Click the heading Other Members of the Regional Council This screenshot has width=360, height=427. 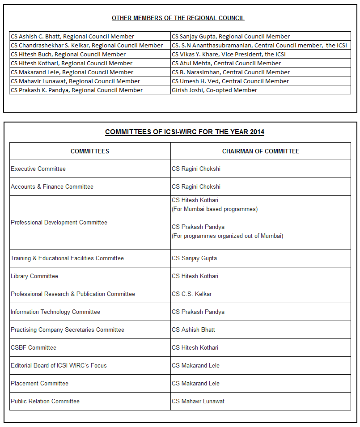coord(178,18)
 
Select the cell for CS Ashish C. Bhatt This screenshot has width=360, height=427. coord(72,36)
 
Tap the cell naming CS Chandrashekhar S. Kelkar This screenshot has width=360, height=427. coord(87,45)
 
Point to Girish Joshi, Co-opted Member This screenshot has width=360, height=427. coord(215,90)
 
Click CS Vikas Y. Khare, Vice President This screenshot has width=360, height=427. coord(229,54)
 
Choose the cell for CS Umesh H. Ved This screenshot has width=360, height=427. coord(230,81)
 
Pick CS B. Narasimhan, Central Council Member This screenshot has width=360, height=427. coord(231,72)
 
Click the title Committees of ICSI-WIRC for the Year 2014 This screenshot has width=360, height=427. coord(185,132)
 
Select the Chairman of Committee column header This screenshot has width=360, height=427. coord(261,151)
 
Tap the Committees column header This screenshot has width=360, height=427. coord(90,151)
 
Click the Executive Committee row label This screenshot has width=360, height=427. coord(38,169)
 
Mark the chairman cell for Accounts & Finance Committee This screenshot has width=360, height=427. coord(196,186)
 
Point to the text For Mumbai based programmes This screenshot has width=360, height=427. coord(215,209)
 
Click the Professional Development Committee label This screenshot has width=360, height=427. coord(59,222)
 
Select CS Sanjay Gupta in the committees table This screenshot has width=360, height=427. coord(195,258)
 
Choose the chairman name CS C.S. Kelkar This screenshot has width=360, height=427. coord(192,294)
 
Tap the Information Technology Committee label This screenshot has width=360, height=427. coord(55,312)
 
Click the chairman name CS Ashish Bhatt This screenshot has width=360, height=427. coord(194,330)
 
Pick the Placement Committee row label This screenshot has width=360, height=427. coord(40,383)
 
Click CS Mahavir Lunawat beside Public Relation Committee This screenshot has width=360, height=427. coord(198,401)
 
